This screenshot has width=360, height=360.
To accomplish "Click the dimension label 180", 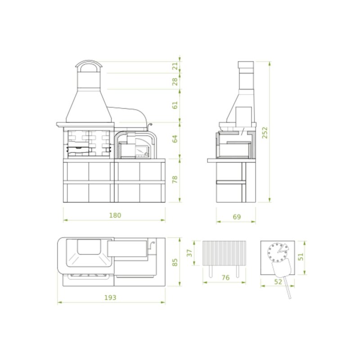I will click(x=115, y=215).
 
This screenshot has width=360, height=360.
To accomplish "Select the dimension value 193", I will click(x=110, y=297).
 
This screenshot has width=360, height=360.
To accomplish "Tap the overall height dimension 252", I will click(x=265, y=132).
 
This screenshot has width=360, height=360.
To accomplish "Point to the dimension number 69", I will click(x=237, y=217).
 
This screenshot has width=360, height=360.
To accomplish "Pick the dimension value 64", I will click(x=175, y=139).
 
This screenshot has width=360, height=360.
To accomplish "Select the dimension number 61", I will click(x=175, y=105).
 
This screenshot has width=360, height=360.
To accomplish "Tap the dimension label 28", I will click(x=175, y=81).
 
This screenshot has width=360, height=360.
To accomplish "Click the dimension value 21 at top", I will click(x=175, y=65).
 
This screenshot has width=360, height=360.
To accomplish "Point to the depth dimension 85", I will click(x=175, y=261).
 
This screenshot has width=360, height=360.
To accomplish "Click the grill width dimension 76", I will click(x=225, y=278).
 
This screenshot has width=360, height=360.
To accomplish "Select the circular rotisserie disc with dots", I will click(x=276, y=252).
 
